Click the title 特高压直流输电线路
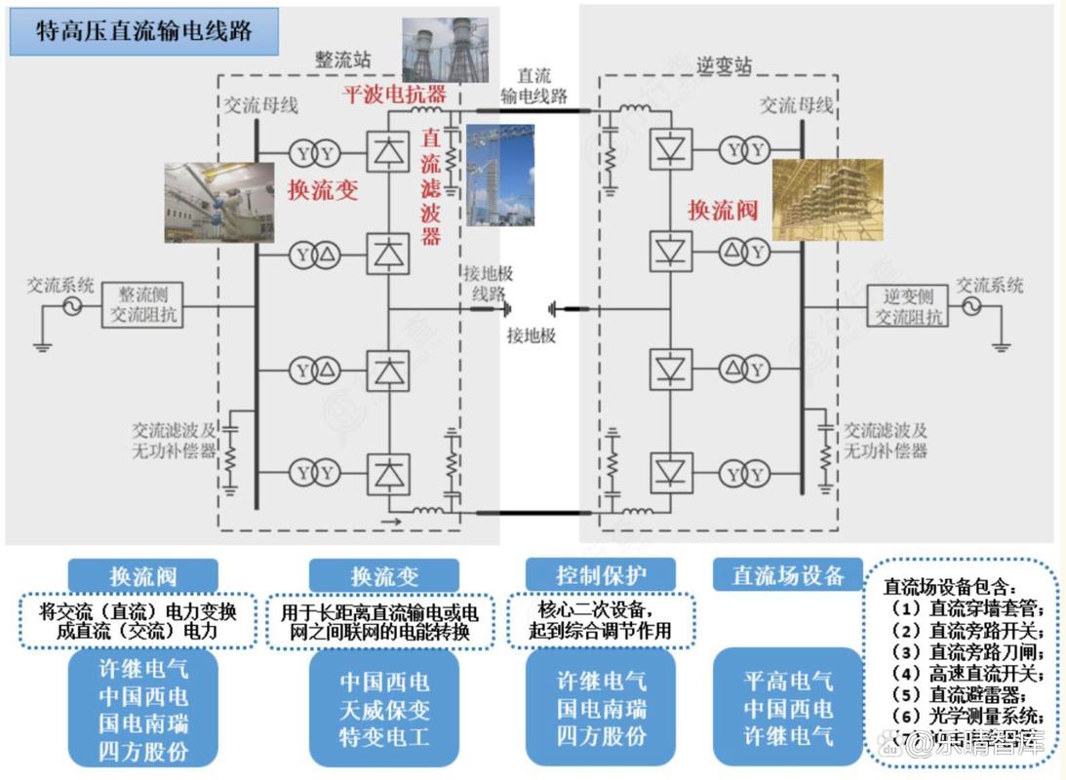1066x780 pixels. click(144, 31)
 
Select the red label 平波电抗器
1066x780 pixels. click(393, 95)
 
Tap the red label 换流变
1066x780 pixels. click(322, 189)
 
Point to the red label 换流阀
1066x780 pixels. click(723, 209)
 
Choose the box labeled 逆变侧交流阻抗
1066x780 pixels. click(908, 306)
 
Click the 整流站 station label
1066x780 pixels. click(342, 59)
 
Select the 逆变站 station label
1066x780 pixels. click(724, 65)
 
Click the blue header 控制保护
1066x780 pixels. click(586, 575)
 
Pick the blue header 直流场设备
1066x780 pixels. click(788, 575)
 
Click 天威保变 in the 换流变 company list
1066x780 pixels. click(384, 710)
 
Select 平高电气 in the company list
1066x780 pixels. click(788, 681)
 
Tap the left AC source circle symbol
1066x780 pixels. click(72, 306)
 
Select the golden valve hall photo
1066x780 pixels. click(827, 200)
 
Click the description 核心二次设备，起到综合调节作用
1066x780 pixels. click(588, 619)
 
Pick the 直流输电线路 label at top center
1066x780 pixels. click(533, 86)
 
